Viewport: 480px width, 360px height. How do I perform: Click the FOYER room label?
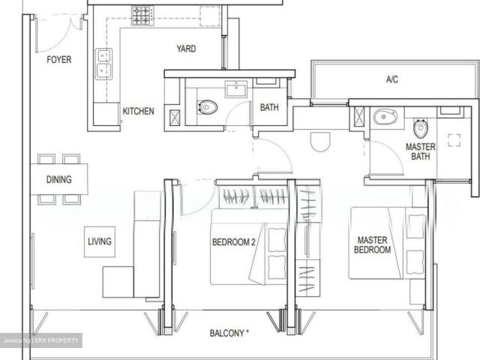(59, 59)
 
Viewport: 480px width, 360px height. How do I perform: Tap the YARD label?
(186, 49)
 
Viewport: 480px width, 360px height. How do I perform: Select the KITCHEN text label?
(138, 111)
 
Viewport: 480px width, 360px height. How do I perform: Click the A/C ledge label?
(392, 79)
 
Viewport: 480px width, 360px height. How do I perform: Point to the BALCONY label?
(229, 333)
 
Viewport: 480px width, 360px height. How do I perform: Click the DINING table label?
(59, 179)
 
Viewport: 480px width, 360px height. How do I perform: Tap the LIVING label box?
(100, 241)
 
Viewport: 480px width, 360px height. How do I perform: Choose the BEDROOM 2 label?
(234, 242)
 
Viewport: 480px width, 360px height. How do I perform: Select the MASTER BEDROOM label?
(373, 244)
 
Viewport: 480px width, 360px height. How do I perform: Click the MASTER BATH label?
(421, 151)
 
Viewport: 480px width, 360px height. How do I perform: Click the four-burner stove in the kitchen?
(143, 16)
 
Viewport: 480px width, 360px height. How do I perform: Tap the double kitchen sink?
(103, 64)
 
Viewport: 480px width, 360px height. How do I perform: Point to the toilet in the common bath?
(208, 107)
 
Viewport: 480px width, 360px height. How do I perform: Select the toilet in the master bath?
(420, 128)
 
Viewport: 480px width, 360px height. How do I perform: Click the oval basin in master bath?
(385, 117)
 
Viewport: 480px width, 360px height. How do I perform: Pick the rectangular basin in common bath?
(236, 89)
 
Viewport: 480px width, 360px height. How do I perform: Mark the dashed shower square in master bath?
(454, 140)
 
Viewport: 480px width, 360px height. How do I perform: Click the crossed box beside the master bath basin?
(359, 117)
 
